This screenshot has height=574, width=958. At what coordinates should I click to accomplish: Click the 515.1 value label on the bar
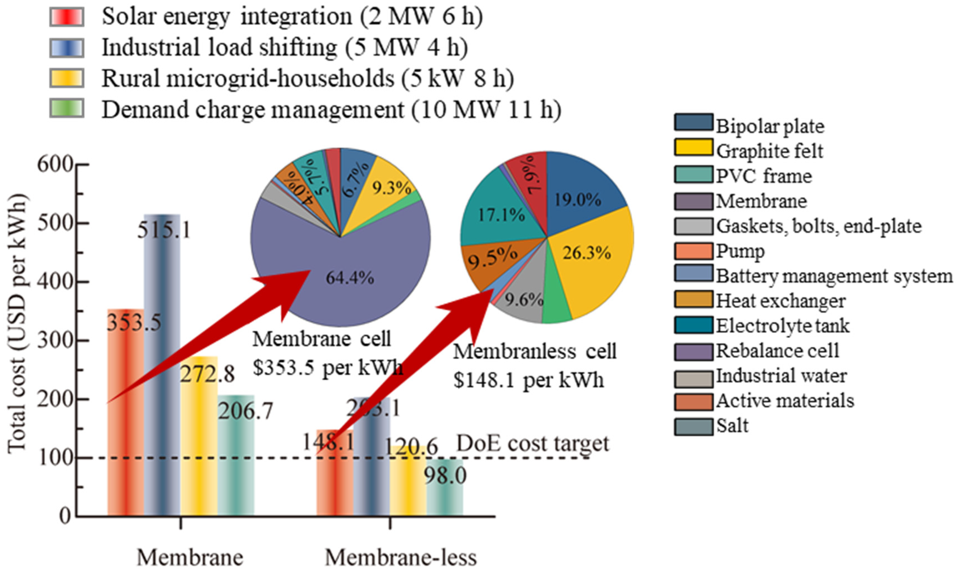(x=164, y=231)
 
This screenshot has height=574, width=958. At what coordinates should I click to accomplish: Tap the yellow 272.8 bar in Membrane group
(x=199, y=445)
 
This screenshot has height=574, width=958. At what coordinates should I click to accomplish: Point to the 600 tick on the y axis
(x=55, y=165)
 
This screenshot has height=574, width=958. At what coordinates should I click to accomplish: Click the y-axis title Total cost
(x=17, y=323)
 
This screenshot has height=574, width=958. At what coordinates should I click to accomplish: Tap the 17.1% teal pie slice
(x=501, y=215)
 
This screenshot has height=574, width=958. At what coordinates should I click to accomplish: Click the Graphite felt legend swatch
(x=693, y=147)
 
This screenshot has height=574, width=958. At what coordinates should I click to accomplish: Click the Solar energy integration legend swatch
(x=67, y=17)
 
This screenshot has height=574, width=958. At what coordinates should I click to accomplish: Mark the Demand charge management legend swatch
(x=67, y=108)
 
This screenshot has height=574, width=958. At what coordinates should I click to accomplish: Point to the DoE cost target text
(x=532, y=443)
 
